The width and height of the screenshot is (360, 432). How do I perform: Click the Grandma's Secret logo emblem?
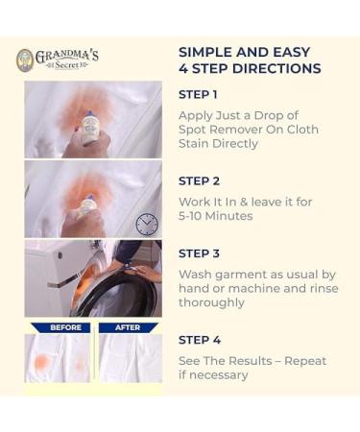click(x=25, y=60)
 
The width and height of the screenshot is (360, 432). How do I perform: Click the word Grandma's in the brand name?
click(x=66, y=56)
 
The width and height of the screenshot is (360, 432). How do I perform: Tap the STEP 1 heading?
click(x=198, y=94)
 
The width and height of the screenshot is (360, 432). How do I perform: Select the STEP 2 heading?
click(x=199, y=180)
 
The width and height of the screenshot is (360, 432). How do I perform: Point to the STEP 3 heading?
click(x=199, y=253)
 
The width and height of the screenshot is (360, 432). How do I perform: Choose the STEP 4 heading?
click(x=199, y=339)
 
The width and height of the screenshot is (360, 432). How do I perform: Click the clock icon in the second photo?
click(x=146, y=224)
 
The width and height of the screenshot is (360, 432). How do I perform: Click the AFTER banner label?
click(x=130, y=327)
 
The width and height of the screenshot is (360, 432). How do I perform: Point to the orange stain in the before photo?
click(x=42, y=363)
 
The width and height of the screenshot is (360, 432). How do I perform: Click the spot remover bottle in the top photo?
click(x=91, y=127)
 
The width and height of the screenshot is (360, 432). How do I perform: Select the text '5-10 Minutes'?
click(x=218, y=217)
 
